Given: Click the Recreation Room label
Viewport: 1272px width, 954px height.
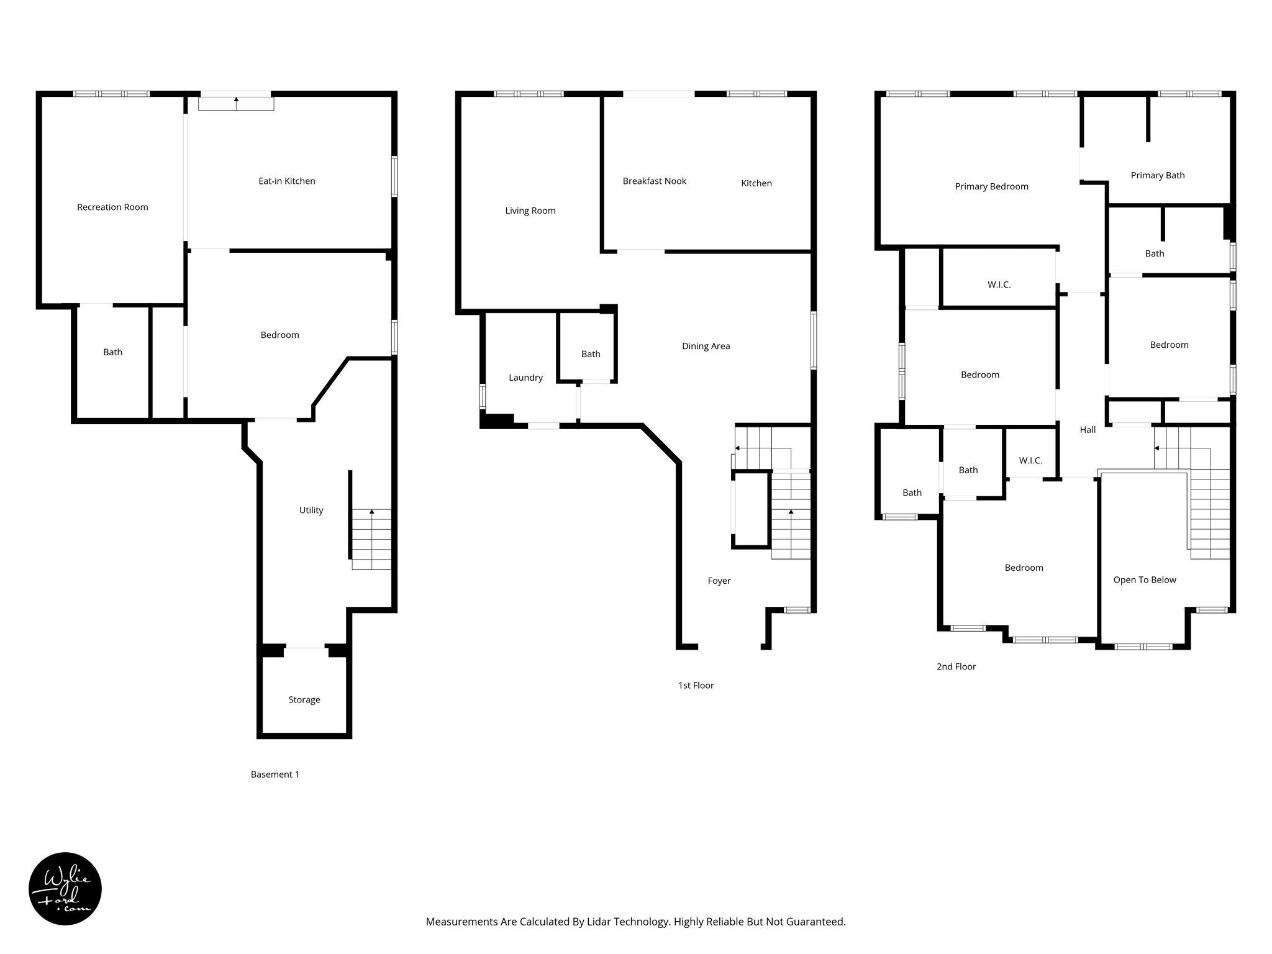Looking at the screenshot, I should [112, 207].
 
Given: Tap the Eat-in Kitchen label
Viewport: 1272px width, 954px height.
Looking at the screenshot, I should [286, 181].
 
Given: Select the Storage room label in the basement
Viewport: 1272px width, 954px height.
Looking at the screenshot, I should [304, 699].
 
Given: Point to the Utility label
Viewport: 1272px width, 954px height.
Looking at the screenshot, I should [311, 510].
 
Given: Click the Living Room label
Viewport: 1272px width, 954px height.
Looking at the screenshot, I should [530, 211].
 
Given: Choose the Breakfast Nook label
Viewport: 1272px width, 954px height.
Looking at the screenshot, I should [654, 181].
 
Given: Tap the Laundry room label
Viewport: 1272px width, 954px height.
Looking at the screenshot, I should [525, 377].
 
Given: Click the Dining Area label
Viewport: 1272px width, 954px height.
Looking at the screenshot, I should [706, 346].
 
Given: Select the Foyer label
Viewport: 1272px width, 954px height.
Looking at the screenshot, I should [719, 581].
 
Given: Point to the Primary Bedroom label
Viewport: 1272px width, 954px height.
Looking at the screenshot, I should [991, 186].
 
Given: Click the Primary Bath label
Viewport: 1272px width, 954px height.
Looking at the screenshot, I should [1157, 175].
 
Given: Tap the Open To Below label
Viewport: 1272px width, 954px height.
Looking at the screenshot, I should [1144, 579].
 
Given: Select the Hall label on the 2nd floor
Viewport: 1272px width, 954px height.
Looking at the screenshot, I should [1088, 429].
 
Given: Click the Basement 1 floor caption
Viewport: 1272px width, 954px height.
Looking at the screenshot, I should [275, 774].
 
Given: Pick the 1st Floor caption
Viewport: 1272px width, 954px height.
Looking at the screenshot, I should [696, 685].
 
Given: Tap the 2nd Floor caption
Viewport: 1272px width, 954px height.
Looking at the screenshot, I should [956, 666].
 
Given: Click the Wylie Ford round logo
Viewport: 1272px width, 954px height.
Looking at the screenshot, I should [65, 888].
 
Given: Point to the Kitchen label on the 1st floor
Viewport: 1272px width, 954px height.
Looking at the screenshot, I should [756, 183].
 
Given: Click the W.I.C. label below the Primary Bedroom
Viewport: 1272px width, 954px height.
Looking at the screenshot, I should [999, 284].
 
